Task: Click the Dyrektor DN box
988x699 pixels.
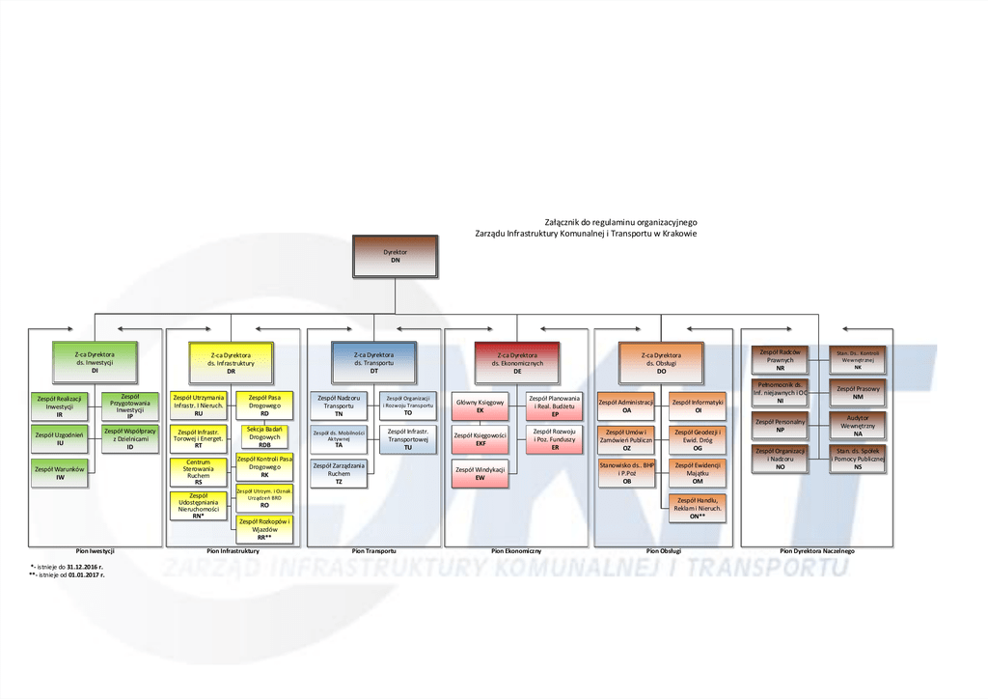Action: [x=396, y=257]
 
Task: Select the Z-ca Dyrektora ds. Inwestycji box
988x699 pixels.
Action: [x=95, y=362]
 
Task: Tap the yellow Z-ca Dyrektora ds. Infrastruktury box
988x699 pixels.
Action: [x=231, y=362]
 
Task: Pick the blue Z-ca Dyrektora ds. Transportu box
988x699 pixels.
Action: [x=373, y=362]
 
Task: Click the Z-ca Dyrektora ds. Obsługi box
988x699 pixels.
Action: [x=661, y=362]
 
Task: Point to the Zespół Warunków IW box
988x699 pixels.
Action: [x=60, y=472]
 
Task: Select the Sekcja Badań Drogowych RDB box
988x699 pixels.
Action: [x=264, y=437]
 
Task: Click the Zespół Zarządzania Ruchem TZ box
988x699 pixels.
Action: [x=339, y=473]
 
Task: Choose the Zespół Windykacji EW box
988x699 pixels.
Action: [x=480, y=473]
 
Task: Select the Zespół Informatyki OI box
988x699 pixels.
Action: [x=698, y=405]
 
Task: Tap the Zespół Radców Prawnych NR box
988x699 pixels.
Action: [x=780, y=360]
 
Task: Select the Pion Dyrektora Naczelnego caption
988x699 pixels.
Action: [x=817, y=551]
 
